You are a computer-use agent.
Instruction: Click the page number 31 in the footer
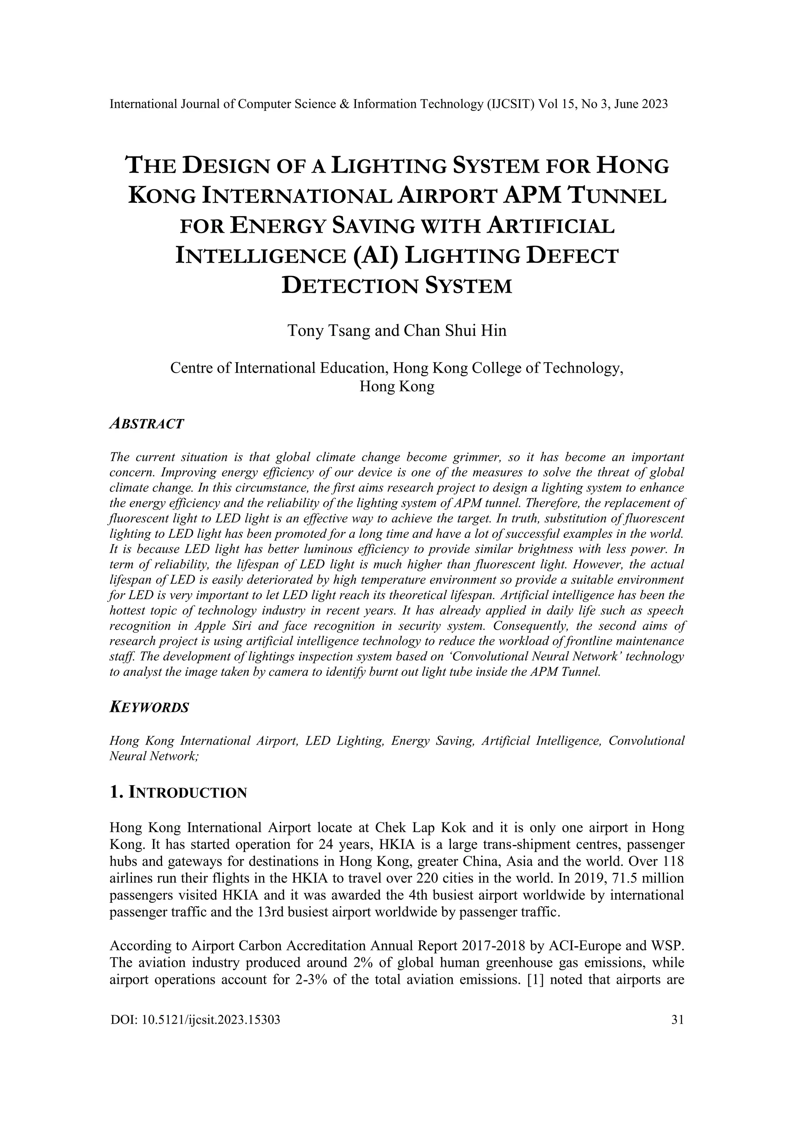(x=678, y=1020)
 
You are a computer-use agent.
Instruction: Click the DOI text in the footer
(x=195, y=1020)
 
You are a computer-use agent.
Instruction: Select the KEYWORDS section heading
(x=149, y=707)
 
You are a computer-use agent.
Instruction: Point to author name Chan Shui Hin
(x=455, y=331)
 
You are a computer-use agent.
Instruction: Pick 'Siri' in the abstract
(x=243, y=626)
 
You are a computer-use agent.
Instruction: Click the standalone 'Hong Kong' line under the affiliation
(x=397, y=386)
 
